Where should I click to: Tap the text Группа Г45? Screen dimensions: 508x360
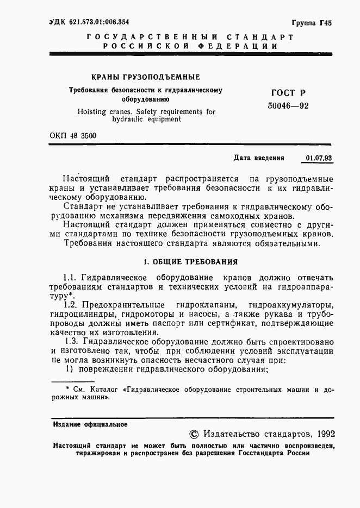[x=312, y=23]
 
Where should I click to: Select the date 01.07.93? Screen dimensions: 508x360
[x=319, y=159]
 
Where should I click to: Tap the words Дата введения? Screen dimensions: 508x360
[x=259, y=159]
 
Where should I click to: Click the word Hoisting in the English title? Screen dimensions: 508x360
[x=93, y=112]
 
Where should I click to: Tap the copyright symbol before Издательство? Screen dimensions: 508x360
[x=194, y=434]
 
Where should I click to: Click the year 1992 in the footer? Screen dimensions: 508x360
[x=325, y=434]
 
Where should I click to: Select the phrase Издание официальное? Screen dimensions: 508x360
[x=90, y=424]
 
